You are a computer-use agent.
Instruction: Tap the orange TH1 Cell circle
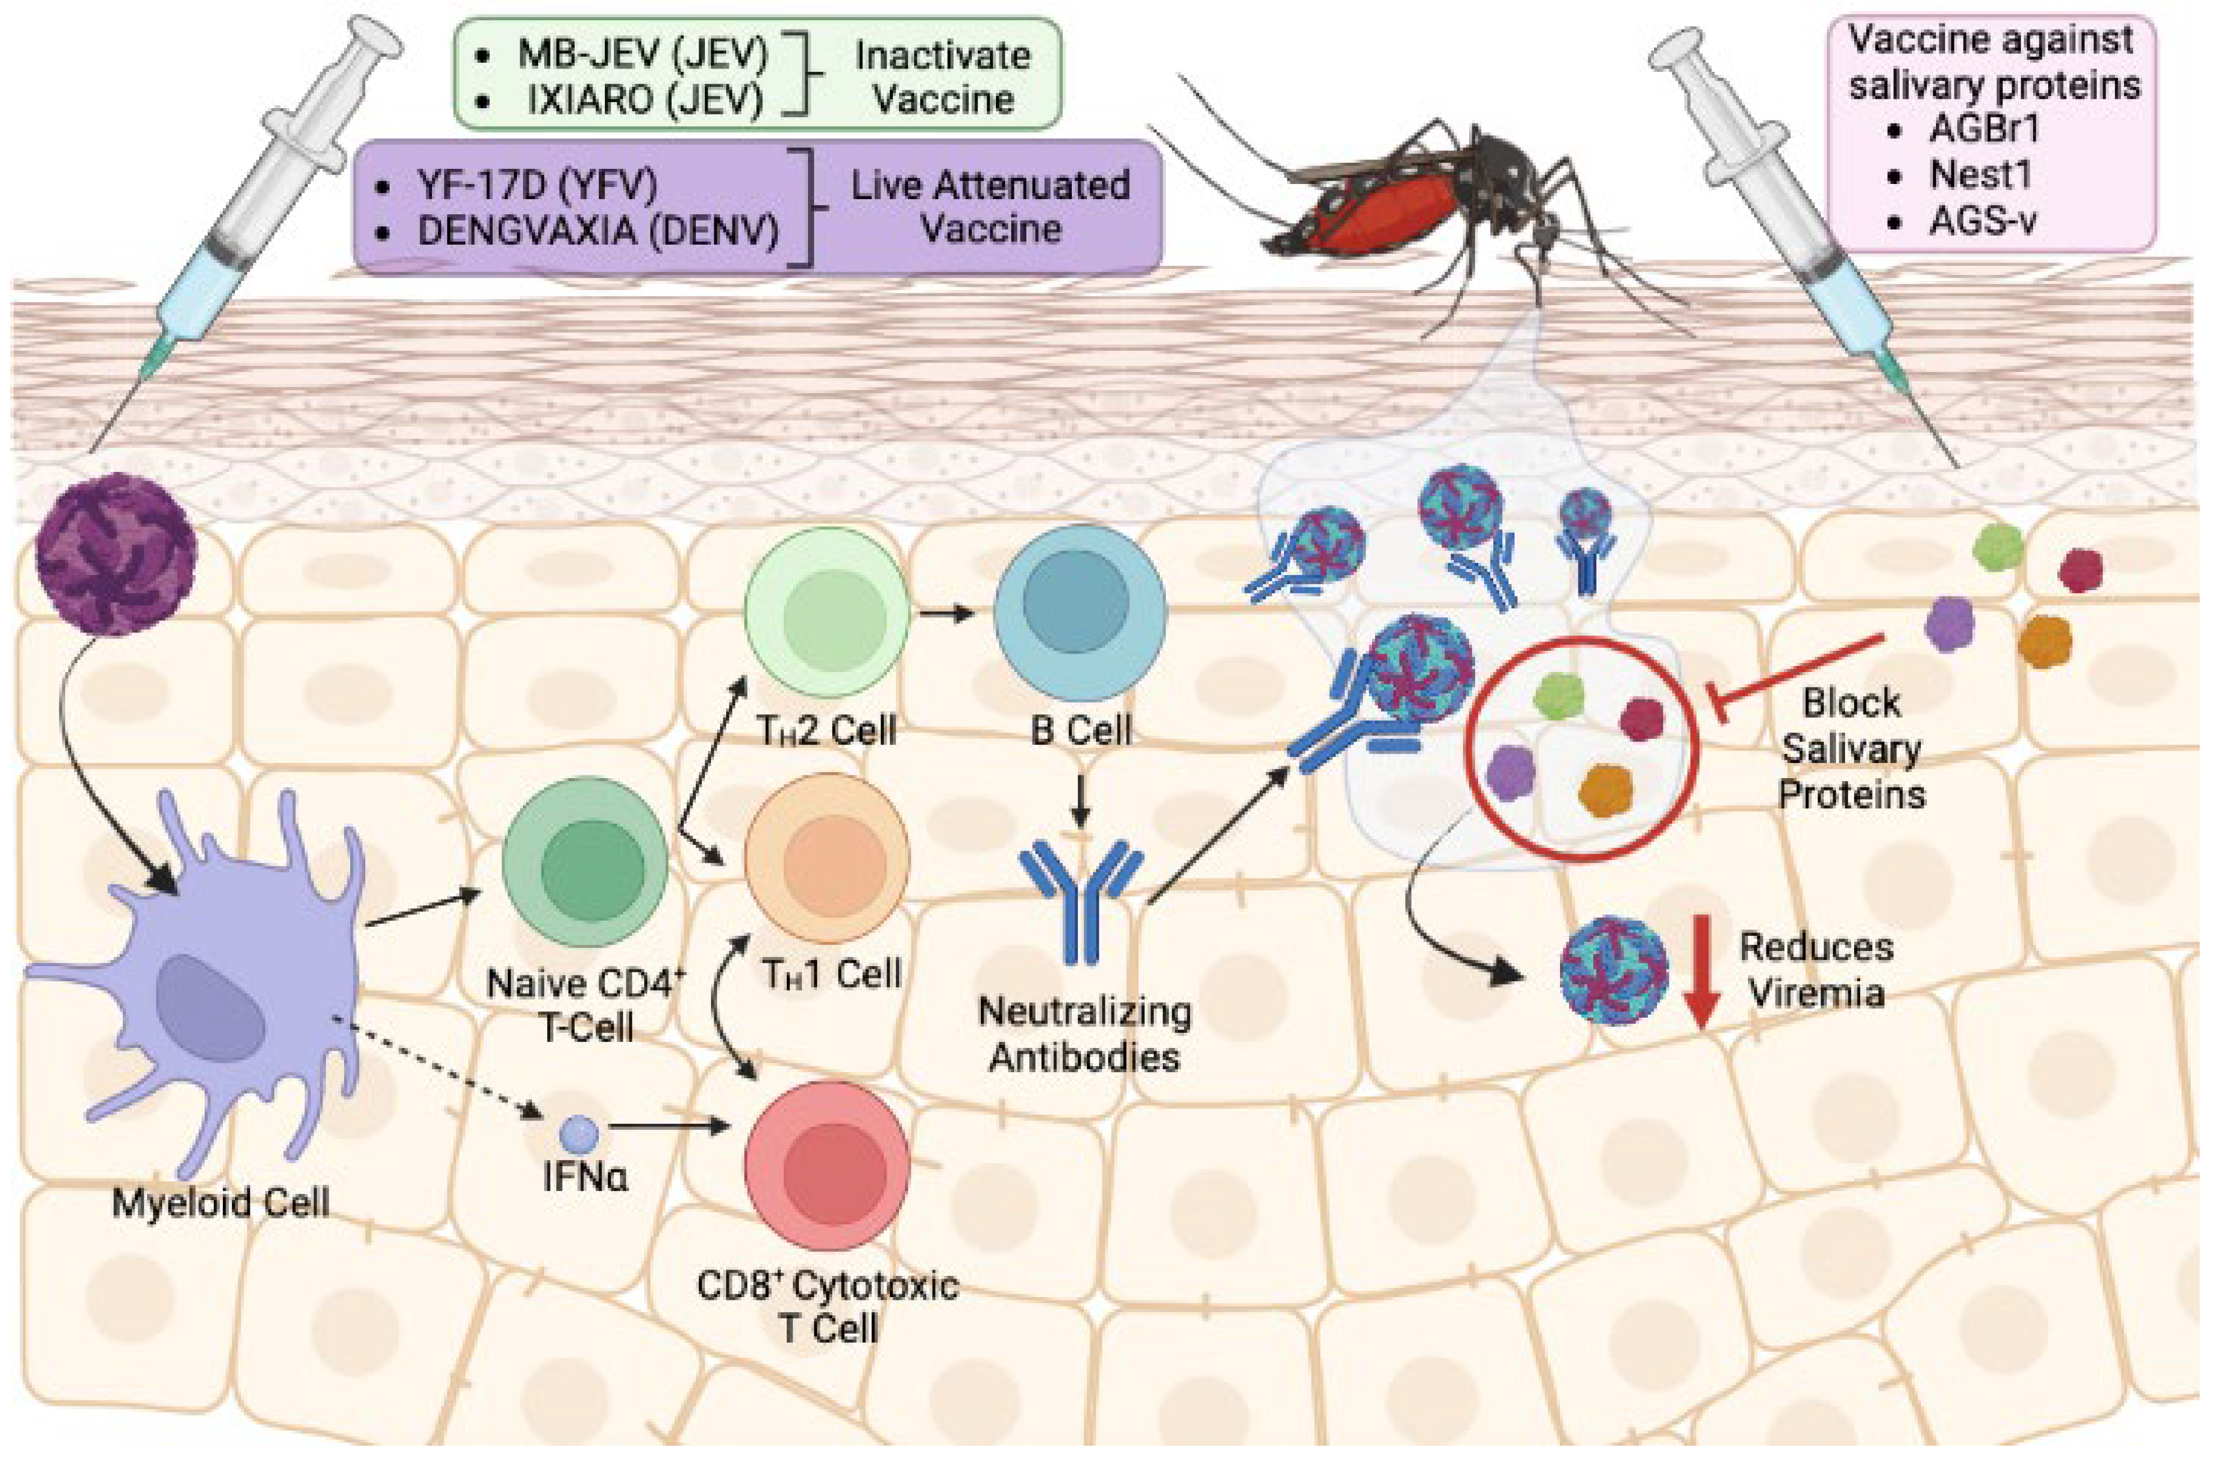pos(827,857)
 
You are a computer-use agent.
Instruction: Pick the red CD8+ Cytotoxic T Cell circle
pos(827,1166)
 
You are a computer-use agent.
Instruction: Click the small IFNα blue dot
pos(578,1134)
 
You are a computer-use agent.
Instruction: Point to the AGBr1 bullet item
pos(1982,128)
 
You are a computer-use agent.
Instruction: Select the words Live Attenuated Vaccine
pos(990,206)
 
